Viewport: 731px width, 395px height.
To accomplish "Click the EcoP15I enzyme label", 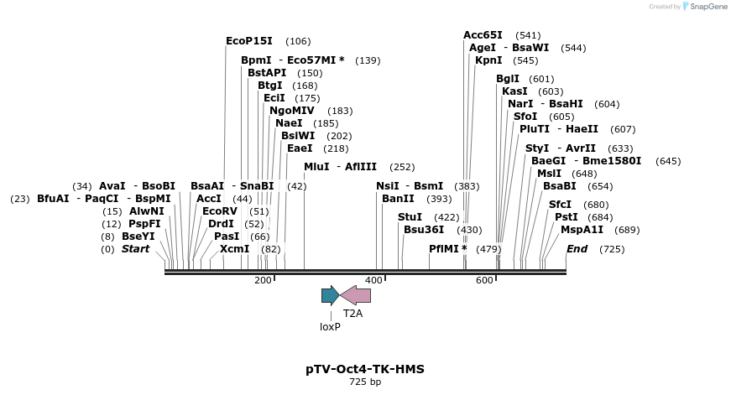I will (x=251, y=40).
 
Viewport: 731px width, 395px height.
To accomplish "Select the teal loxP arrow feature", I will (x=330, y=295).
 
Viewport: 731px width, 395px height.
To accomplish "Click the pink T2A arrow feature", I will (x=356, y=295).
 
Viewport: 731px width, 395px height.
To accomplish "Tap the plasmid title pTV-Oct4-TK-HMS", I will (x=365, y=369).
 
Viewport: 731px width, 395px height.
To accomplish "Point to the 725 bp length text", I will (x=365, y=382).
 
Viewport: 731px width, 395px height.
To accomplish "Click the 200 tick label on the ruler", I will (x=263, y=280).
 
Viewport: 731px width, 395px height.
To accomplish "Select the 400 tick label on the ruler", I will (x=373, y=280).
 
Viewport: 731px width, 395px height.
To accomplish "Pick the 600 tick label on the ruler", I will (x=484, y=280).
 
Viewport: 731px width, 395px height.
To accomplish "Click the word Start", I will (x=135, y=249).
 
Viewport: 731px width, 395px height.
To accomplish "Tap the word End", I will (x=577, y=249).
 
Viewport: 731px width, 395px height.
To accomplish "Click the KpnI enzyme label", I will (x=488, y=60).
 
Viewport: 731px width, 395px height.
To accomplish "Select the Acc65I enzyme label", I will (x=483, y=35).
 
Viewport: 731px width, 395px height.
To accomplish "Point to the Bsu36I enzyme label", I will (x=424, y=229).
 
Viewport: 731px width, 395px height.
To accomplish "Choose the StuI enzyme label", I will (x=410, y=216).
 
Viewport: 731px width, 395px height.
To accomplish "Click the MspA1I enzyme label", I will (x=582, y=229).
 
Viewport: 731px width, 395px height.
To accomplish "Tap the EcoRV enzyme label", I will (x=220, y=211).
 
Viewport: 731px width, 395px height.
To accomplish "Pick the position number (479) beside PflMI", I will (x=488, y=249).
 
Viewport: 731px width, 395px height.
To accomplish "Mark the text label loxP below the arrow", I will (x=330, y=327).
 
